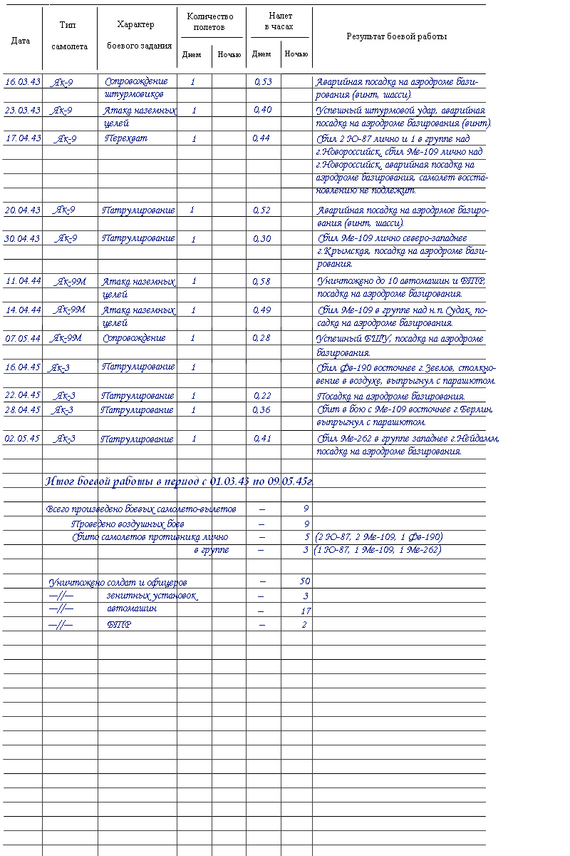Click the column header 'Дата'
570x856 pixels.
tap(21, 41)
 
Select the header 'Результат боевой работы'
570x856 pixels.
tap(396, 36)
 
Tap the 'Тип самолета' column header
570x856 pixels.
tap(69, 36)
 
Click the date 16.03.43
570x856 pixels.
tap(23, 82)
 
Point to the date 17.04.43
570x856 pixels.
tap(23, 138)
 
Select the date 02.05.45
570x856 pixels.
tap(23, 439)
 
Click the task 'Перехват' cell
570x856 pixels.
tap(126, 138)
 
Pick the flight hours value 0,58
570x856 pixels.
tap(262, 282)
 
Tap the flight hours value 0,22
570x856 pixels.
tap(262, 396)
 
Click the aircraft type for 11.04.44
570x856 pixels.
tap(70, 282)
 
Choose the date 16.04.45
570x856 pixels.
tap(23, 367)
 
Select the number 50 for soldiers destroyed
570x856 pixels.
tap(305, 582)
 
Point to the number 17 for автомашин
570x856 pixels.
tap(305, 611)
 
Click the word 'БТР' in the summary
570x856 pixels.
tap(118, 625)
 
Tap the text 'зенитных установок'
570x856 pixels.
tap(152, 596)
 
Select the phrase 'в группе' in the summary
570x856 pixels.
tap(212, 550)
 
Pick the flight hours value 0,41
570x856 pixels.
tap(262, 439)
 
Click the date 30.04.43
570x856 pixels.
tap(23, 239)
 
